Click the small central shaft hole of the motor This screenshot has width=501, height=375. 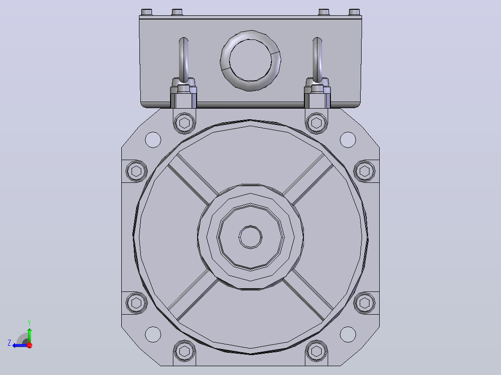(x=250, y=237)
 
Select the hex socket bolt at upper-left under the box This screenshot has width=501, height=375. (x=185, y=123)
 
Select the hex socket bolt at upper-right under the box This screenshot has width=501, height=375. (x=316, y=123)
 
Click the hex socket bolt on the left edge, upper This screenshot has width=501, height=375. (x=137, y=171)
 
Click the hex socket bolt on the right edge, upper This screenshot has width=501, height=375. (x=364, y=171)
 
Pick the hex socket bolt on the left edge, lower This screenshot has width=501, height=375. (x=137, y=303)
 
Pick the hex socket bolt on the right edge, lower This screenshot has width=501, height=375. (x=364, y=303)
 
